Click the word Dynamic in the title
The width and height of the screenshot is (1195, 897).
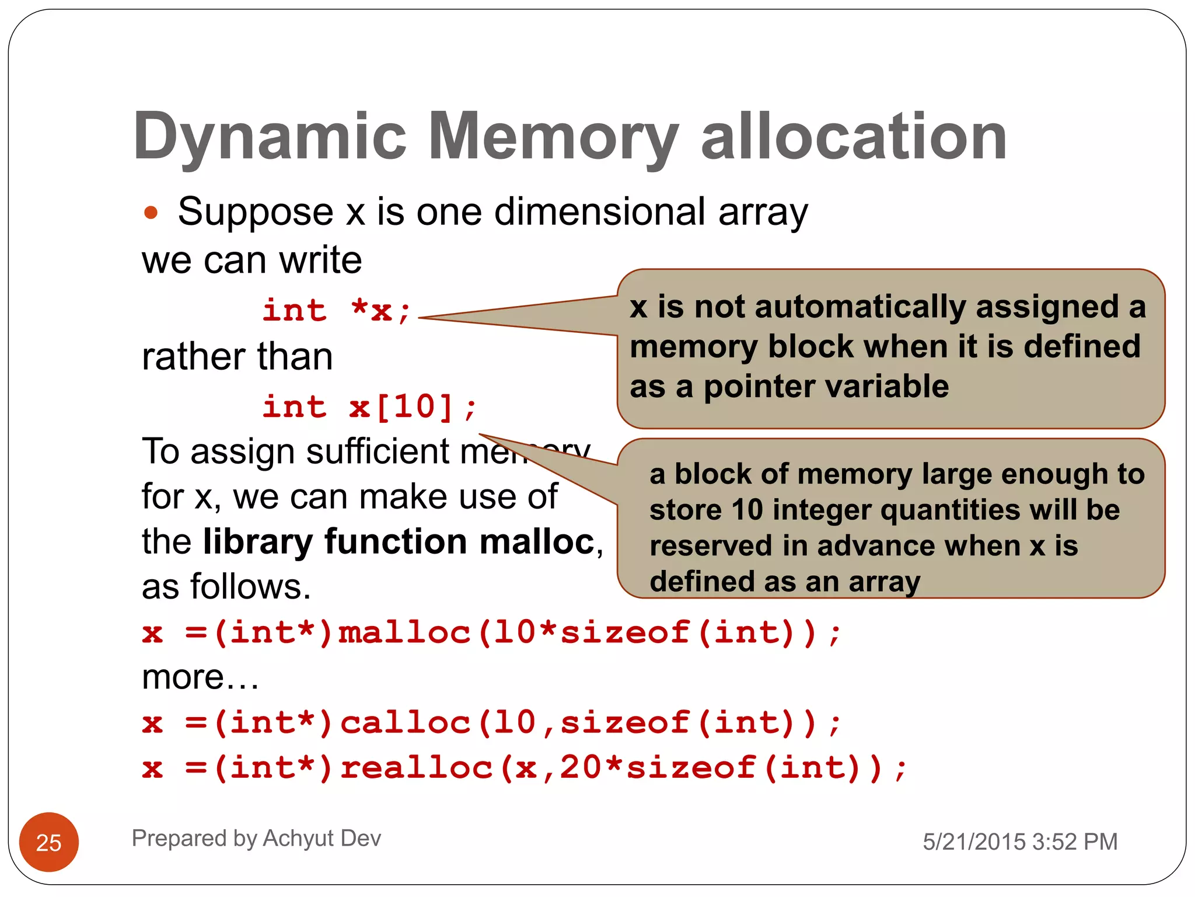click(270, 137)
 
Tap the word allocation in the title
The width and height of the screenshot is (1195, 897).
click(854, 137)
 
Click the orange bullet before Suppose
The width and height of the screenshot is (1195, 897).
click(151, 212)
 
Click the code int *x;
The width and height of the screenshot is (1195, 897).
click(337, 310)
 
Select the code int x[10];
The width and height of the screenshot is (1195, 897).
click(369, 406)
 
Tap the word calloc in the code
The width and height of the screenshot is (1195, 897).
click(405, 723)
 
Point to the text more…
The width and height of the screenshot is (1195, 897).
click(200, 677)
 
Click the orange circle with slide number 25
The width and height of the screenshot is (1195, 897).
click(49, 842)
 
